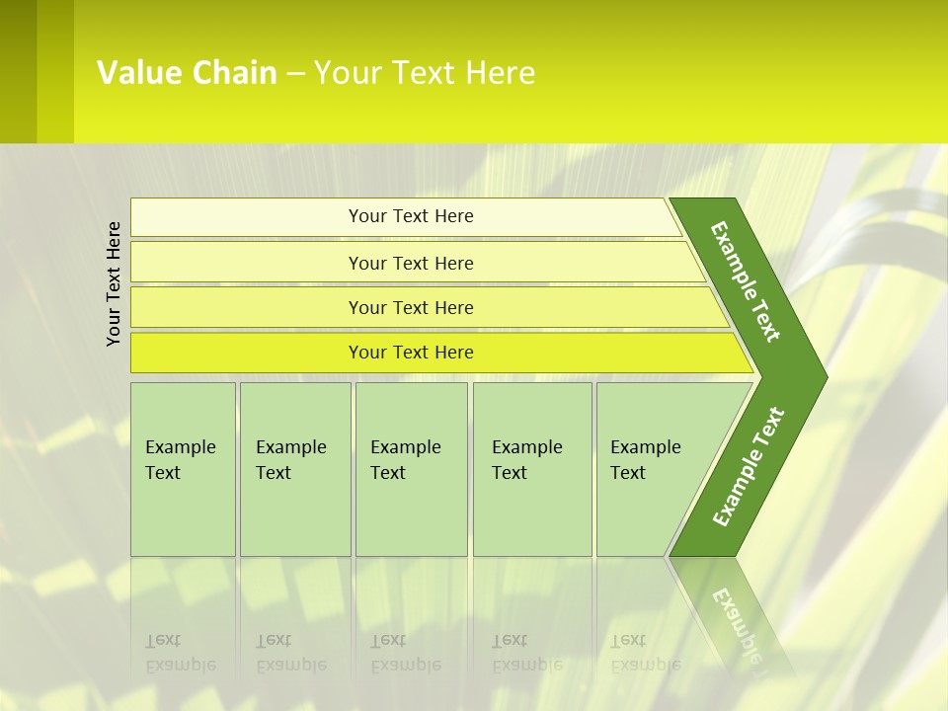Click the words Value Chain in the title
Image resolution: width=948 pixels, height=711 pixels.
pos(187,73)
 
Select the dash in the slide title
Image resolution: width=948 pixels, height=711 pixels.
pos(295,73)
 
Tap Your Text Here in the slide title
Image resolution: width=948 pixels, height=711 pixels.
pos(425,73)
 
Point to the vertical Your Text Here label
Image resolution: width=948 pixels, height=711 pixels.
pos(114,283)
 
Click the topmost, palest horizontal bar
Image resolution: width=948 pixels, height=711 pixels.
pos(410,216)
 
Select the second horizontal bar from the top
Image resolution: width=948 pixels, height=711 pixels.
pos(410,263)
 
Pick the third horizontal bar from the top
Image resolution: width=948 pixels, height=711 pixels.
pos(410,307)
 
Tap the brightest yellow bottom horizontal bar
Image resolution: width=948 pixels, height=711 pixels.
pos(410,353)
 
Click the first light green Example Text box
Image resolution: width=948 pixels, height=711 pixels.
pos(183,469)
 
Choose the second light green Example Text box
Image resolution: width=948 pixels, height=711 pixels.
pos(295,469)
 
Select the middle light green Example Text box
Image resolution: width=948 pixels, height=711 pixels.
pos(411,469)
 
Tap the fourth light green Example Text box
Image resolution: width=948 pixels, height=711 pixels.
pos(532,469)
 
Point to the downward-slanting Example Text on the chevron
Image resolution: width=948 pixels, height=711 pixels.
pos(746,281)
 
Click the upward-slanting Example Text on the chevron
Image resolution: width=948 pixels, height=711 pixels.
pos(748,467)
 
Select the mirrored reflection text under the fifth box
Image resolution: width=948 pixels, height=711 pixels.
pos(644,653)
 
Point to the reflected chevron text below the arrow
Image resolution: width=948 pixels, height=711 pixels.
pos(736,622)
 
